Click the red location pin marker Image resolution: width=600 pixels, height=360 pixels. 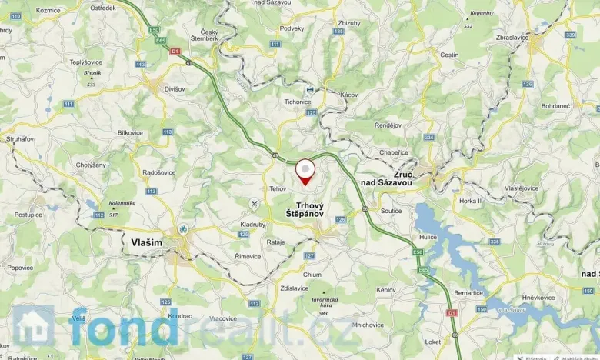pyautogui.click(x=305, y=171)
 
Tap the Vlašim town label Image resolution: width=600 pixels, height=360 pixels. pyautogui.click(x=142, y=242)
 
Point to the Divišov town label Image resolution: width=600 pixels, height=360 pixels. pyautogui.click(x=175, y=88)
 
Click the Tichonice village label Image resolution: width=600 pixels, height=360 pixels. pyautogui.click(x=296, y=101)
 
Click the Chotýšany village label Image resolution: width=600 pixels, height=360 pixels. pyautogui.click(x=91, y=165)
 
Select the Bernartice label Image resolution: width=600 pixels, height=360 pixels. pyautogui.click(x=469, y=292)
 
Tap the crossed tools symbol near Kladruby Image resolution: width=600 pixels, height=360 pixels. pyautogui.click(x=254, y=203)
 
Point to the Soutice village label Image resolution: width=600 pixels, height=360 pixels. pyautogui.click(x=391, y=210)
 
